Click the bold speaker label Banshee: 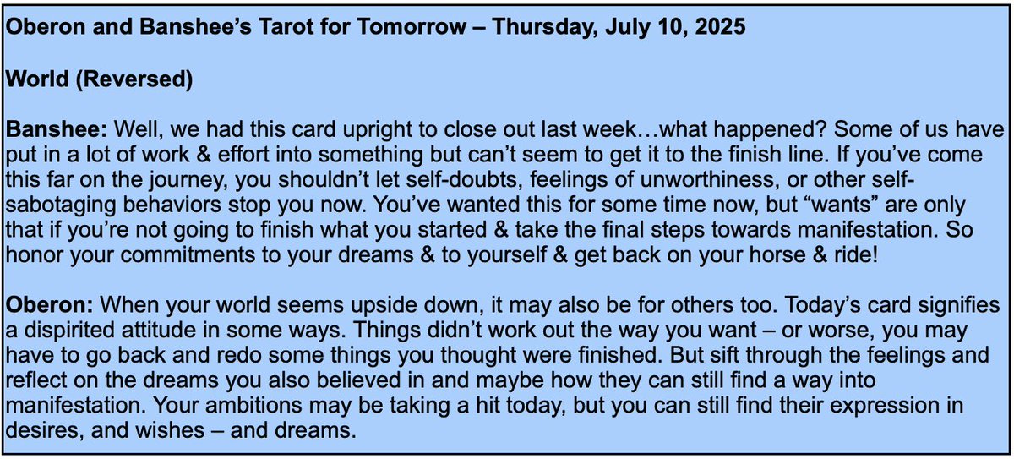[x=56, y=131]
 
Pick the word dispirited [x=75, y=330]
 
